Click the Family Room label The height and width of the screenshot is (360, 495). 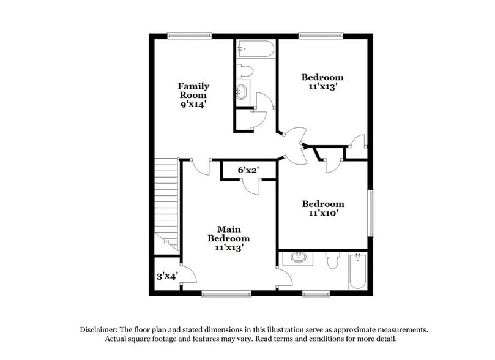(193, 91)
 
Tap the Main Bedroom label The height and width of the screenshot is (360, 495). (229, 234)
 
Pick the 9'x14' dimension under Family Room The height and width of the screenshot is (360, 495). (193, 105)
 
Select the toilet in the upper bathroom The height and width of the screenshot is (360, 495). (245, 70)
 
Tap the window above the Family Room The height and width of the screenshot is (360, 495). (189, 35)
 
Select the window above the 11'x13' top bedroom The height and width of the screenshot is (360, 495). (320, 35)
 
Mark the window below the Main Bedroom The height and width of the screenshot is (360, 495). (226, 293)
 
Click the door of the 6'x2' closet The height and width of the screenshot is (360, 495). (251, 186)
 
